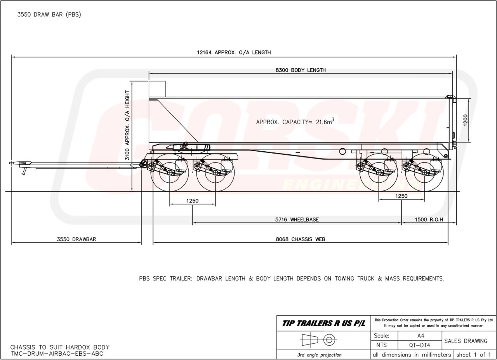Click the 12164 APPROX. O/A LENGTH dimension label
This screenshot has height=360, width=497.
tap(234, 52)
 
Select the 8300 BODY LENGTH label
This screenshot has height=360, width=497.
tap(301, 70)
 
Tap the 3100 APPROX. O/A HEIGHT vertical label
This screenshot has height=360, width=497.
tap(127, 125)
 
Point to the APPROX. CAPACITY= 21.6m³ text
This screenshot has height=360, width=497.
tap(295, 122)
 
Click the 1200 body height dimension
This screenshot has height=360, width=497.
tap(466, 120)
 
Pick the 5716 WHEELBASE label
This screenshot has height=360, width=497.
tap(297, 220)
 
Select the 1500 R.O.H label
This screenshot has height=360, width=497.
tap(429, 220)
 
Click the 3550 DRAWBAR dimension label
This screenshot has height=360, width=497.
tap(76, 239)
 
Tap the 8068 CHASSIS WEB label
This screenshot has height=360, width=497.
tap(301, 239)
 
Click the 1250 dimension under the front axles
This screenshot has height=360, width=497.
tap(192, 201)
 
